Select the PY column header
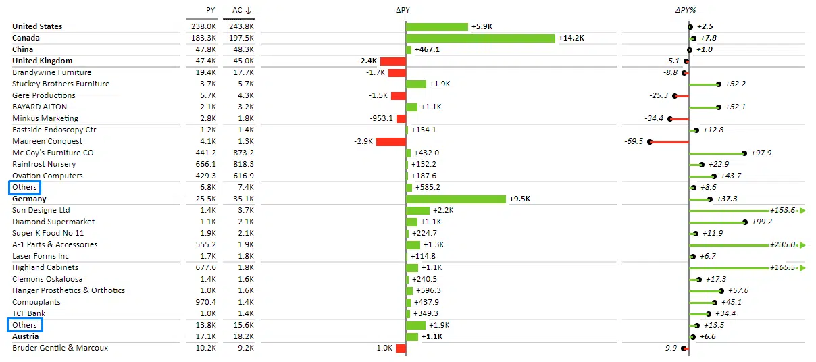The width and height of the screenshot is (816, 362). (211, 10)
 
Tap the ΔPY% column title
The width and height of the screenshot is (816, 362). (686, 10)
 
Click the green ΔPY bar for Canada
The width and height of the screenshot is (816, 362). (481, 38)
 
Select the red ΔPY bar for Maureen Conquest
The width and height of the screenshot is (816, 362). (390, 142)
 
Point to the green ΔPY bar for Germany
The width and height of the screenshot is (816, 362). (456, 199)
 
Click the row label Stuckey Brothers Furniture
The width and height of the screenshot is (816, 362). (61, 84)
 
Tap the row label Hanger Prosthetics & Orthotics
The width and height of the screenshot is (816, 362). (68, 290)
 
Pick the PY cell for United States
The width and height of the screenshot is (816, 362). (203, 26)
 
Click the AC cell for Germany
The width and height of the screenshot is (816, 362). (241, 199)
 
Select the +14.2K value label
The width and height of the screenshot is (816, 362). (571, 38)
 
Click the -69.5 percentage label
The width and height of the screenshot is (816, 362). (634, 142)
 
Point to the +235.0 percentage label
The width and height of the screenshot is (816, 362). (782, 245)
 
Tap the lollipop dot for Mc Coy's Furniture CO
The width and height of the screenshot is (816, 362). (744, 153)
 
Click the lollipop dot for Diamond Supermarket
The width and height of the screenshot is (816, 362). (744, 222)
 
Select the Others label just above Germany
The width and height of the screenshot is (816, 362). (25, 188)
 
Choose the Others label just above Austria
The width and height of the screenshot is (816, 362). (25, 326)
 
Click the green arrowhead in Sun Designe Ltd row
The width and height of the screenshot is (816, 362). (803, 211)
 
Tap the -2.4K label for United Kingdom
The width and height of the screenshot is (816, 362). (367, 61)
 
